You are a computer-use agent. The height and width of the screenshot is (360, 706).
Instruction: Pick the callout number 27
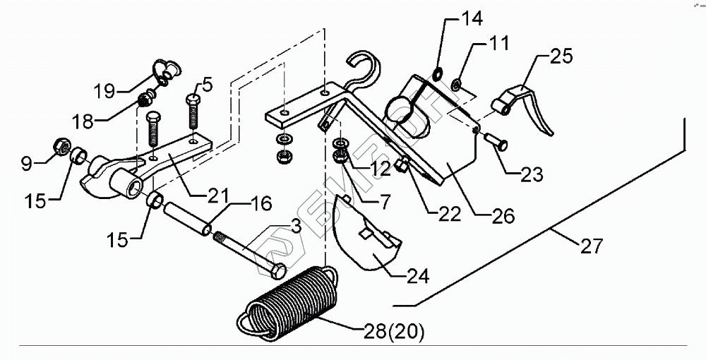click(592, 246)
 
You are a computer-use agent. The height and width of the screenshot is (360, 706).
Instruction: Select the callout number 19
click(104, 91)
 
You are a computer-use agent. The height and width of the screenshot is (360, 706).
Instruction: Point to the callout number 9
click(26, 164)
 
